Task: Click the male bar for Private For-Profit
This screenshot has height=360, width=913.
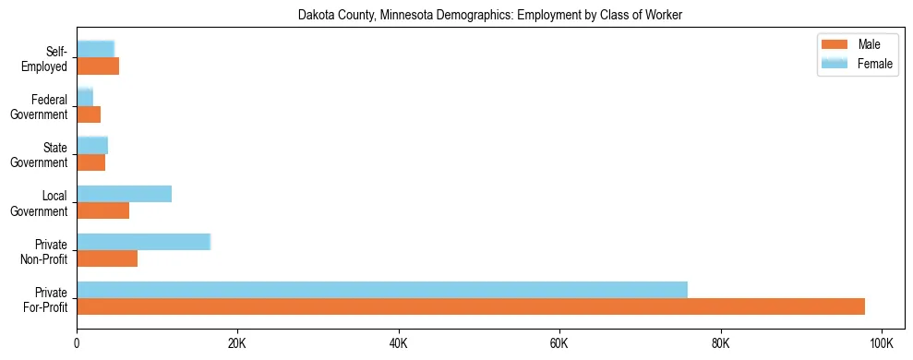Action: pos(471,306)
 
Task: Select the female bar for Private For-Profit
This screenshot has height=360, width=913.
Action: pos(382,290)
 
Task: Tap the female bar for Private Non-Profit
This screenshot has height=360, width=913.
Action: pos(144,242)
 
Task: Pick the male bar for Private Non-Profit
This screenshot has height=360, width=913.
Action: pos(107,258)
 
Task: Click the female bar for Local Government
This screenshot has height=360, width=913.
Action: pos(125,194)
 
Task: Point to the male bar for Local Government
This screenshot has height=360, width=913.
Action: pos(103,210)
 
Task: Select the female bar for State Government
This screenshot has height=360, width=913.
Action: pos(92,146)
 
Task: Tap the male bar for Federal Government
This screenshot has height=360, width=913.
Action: pos(89,114)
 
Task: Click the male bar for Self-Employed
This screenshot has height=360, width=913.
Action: pos(98,66)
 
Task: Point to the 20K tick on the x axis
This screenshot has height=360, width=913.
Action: pos(237,342)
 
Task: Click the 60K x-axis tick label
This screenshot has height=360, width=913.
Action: pos(559,342)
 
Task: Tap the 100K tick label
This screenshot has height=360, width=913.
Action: pos(882,342)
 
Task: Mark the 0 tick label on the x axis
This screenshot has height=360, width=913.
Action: pos(77,342)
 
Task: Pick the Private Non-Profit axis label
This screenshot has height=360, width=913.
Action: pos(46,251)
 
